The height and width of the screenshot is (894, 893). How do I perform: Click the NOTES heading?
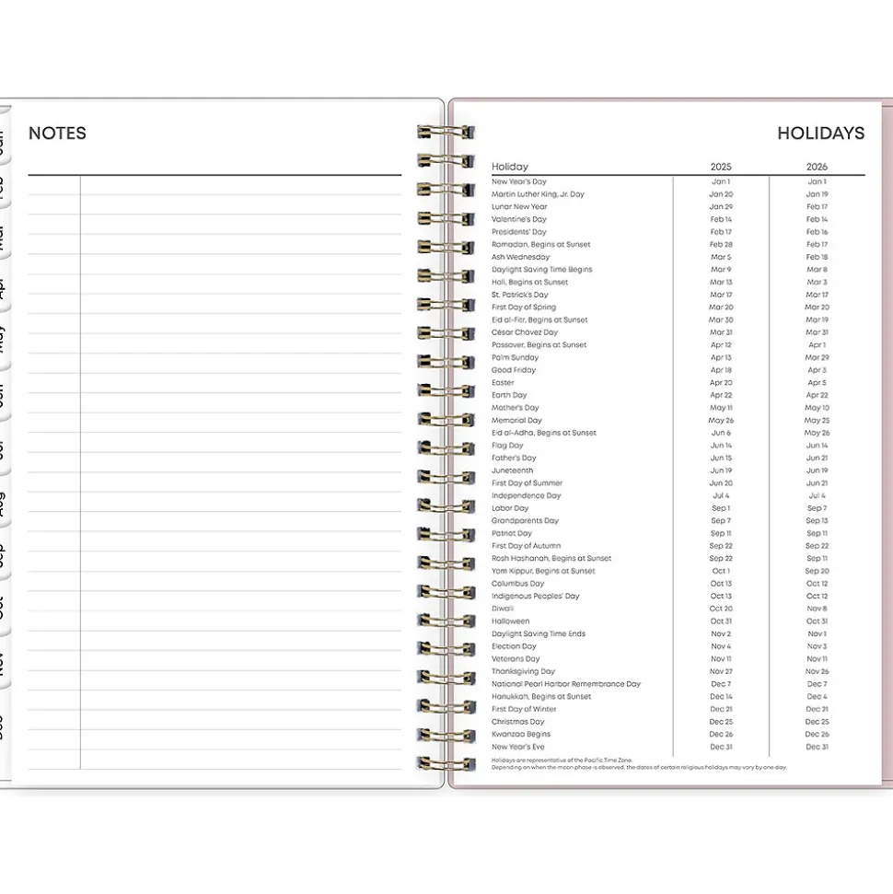pos(57,134)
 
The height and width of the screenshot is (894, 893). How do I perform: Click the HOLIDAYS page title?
pos(820,134)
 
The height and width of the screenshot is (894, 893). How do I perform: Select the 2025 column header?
pos(721,167)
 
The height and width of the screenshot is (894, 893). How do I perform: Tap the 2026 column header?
pos(817,167)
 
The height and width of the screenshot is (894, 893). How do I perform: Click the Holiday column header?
pos(510,167)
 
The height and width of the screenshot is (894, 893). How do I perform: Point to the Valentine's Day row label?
pos(519,219)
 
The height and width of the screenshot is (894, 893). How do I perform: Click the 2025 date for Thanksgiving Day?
pos(721,671)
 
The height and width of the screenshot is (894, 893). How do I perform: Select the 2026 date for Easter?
pos(817,382)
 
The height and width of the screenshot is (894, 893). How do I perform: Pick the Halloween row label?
pos(511,621)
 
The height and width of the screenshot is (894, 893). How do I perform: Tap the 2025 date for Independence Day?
pos(721,495)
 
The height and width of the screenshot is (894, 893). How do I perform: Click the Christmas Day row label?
pos(517,722)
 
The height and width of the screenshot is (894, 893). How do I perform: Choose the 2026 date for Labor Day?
pos(817,508)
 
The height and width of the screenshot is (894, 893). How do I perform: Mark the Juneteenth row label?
pos(512,470)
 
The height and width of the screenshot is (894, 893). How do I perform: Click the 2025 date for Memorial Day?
pos(721,420)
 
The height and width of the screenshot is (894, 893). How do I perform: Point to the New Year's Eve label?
pos(517,747)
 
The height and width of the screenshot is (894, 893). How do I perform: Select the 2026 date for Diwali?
pos(817,609)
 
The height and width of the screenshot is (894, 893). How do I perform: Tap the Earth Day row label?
pos(509,395)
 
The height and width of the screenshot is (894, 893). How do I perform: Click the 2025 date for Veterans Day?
pos(721,659)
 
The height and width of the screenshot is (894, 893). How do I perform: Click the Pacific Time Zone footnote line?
pos(562,760)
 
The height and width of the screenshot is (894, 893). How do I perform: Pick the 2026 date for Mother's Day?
pos(817,408)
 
